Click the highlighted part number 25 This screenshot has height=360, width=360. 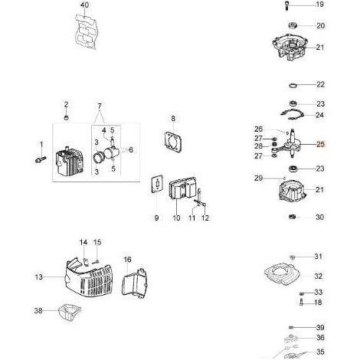click(x=320, y=144)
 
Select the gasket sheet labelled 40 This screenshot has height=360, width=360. click(x=87, y=31)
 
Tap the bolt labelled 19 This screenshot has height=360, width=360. click(x=287, y=5)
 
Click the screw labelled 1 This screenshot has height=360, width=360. click(x=41, y=159)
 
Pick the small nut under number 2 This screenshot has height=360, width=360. click(x=67, y=118)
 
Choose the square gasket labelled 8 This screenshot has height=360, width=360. click(x=173, y=142)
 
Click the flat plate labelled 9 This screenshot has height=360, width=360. click(x=157, y=185)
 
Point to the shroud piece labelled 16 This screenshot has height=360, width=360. click(x=135, y=283)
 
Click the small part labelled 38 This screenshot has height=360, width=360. click(x=69, y=312)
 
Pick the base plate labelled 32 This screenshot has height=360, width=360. click(x=282, y=275)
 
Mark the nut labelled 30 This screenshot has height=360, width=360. click(x=293, y=217)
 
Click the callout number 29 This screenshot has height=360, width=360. click(x=258, y=178)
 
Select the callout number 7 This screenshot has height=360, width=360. click(x=100, y=106)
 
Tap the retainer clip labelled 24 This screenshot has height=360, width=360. click(x=292, y=114)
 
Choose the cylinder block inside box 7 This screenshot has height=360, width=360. click(x=70, y=162)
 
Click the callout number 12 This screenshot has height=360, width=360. click(x=205, y=218)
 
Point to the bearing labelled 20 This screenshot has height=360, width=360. click(x=293, y=25)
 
